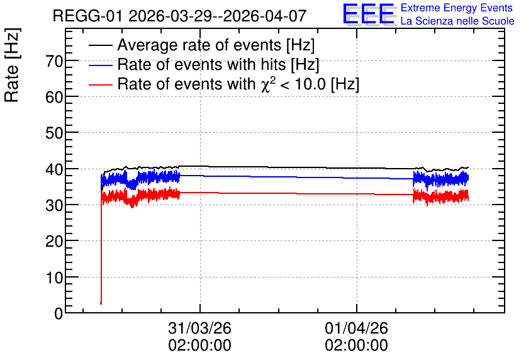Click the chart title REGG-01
[x=87, y=16]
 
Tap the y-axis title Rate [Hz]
[x=12, y=65]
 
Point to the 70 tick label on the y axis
[x=54, y=62]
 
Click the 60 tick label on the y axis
[x=54, y=98]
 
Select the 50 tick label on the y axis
[x=54, y=133]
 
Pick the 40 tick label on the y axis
[x=54, y=169]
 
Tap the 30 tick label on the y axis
[x=54, y=205]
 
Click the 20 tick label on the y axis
[x=54, y=241]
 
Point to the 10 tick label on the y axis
[x=54, y=278]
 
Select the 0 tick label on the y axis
[x=59, y=313]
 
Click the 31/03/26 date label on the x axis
[x=200, y=328]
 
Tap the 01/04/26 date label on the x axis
[x=356, y=328]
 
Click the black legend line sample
[x=100, y=45]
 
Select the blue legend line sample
[x=100, y=65]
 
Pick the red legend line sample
[x=100, y=84]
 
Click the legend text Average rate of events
[x=199, y=45]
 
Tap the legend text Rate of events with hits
[x=201, y=64]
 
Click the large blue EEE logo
[x=369, y=14]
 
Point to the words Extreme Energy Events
[x=457, y=8]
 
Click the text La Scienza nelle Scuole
[x=457, y=21]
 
